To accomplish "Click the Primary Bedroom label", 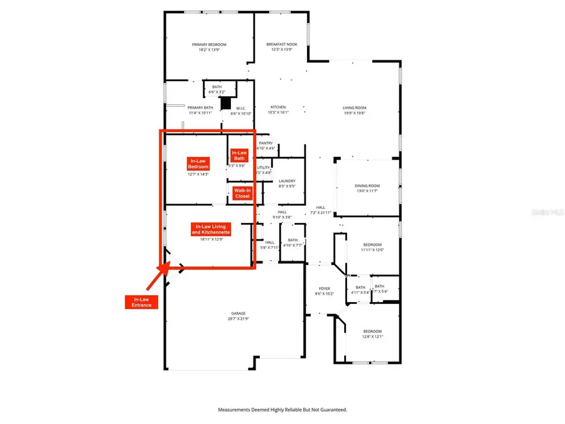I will click(x=209, y=45).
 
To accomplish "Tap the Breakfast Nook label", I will click(x=281, y=45).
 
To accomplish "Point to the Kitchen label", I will click(x=278, y=107).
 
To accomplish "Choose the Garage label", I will click(x=237, y=313).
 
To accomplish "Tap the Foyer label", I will click(x=324, y=288).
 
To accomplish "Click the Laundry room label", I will click(x=286, y=180).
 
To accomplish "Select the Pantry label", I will click(x=266, y=143).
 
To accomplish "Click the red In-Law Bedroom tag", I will click(x=198, y=164).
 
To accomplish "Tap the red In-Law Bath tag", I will click(x=239, y=155).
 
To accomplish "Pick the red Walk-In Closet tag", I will click(x=242, y=193).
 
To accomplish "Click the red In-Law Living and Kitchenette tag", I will click(x=211, y=229).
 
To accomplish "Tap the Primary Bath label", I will click(x=201, y=107).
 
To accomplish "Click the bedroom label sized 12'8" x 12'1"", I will click(x=372, y=331).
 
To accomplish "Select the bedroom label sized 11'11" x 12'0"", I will click(x=372, y=245).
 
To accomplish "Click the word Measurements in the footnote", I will click(x=236, y=410).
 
